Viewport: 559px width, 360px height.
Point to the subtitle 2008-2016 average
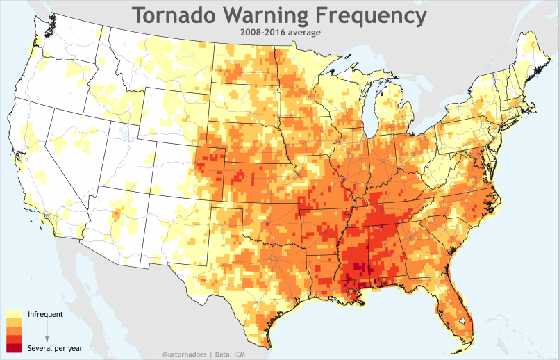coord(278,32)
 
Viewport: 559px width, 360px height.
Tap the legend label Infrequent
coord(45,314)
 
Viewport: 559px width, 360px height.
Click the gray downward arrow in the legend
coord(47,331)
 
